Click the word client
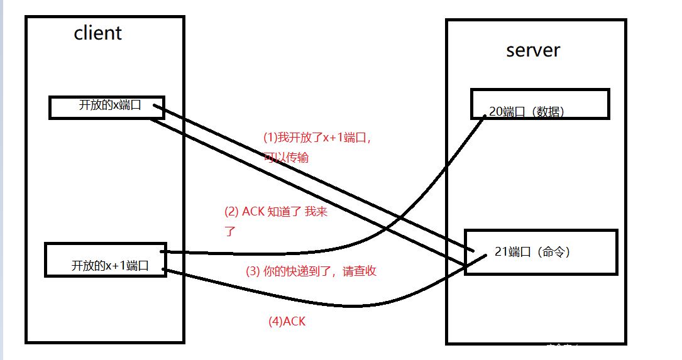(97, 33)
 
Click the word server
(532, 50)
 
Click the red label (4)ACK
(287, 322)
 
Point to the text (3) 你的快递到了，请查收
(311, 271)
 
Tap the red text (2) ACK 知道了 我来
(276, 212)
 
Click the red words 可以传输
(287, 157)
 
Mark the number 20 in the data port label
(495, 112)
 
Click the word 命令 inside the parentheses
(553, 252)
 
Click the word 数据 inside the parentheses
(547, 112)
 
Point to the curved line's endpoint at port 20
(485, 116)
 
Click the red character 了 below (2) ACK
(229, 231)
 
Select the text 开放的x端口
(110, 105)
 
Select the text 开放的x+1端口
(110, 265)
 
